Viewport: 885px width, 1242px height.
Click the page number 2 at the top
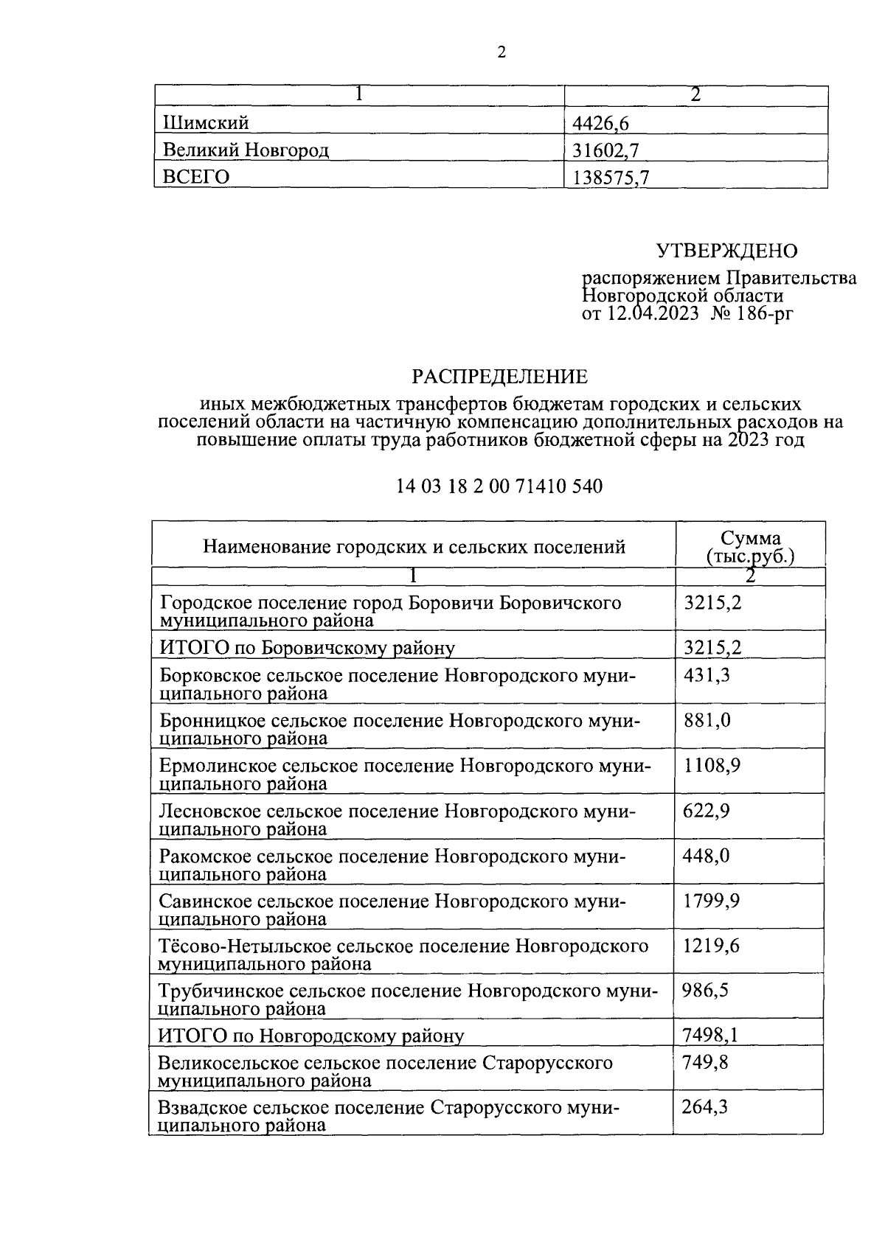[502, 52]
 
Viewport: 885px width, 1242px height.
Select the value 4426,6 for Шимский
[597, 123]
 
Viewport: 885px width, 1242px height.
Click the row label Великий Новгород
[246, 150]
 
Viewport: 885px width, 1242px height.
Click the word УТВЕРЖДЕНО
[726, 251]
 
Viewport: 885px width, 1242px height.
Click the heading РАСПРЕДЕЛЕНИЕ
[499, 377]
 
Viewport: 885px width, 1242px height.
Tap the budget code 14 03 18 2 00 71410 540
[499, 486]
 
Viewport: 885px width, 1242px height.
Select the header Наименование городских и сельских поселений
[414, 547]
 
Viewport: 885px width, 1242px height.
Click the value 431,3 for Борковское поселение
[707, 674]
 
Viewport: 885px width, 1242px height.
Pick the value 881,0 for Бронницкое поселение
[707, 720]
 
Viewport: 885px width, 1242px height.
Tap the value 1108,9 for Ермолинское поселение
[712, 765]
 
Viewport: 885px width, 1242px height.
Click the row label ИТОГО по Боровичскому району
[307, 648]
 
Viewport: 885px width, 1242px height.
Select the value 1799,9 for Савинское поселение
[712, 901]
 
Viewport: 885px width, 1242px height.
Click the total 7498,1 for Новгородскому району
[710, 1036]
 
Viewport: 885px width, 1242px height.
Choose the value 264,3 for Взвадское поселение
[705, 1107]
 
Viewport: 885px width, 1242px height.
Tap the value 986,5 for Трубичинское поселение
[706, 991]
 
